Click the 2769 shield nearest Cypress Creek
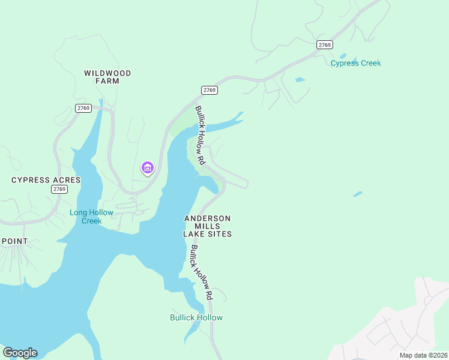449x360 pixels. point(325,45)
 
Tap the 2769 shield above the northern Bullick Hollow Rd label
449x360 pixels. point(209,90)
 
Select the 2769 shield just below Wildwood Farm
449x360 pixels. point(83,108)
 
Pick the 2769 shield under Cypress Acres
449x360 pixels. point(59,189)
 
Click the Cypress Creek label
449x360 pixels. point(355,63)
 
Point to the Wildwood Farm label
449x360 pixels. point(107,77)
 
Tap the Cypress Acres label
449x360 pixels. point(46,180)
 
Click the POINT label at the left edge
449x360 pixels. point(14,241)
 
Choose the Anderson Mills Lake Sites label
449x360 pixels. point(207,226)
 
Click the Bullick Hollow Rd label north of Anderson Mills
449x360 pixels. point(200,136)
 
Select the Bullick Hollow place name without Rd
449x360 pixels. point(196,317)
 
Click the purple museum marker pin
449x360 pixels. point(148,168)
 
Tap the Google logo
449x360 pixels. point(20,353)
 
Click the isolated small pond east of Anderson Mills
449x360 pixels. point(358,194)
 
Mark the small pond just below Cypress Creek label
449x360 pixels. point(300,79)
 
